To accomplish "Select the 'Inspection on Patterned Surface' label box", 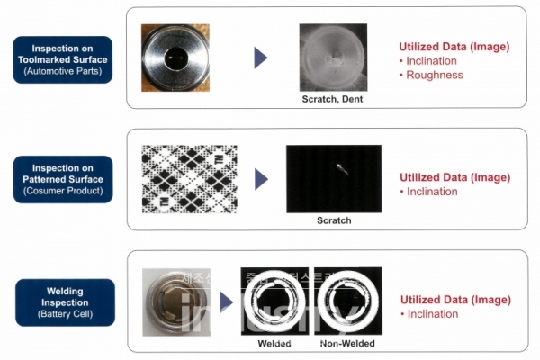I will (x=62, y=178).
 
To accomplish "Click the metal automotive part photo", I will (x=175, y=58).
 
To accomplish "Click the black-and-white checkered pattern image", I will (x=189, y=179).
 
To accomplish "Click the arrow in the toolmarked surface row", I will (x=261, y=58).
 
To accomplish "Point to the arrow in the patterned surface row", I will (x=261, y=179).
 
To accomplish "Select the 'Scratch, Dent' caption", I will (x=332, y=99).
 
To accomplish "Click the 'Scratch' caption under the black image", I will (x=333, y=220).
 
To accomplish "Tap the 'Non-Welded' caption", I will (x=347, y=344).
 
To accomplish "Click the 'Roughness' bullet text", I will (x=433, y=76).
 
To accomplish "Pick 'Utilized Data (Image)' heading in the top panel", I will (x=454, y=46).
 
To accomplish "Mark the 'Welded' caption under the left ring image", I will (x=275, y=344).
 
